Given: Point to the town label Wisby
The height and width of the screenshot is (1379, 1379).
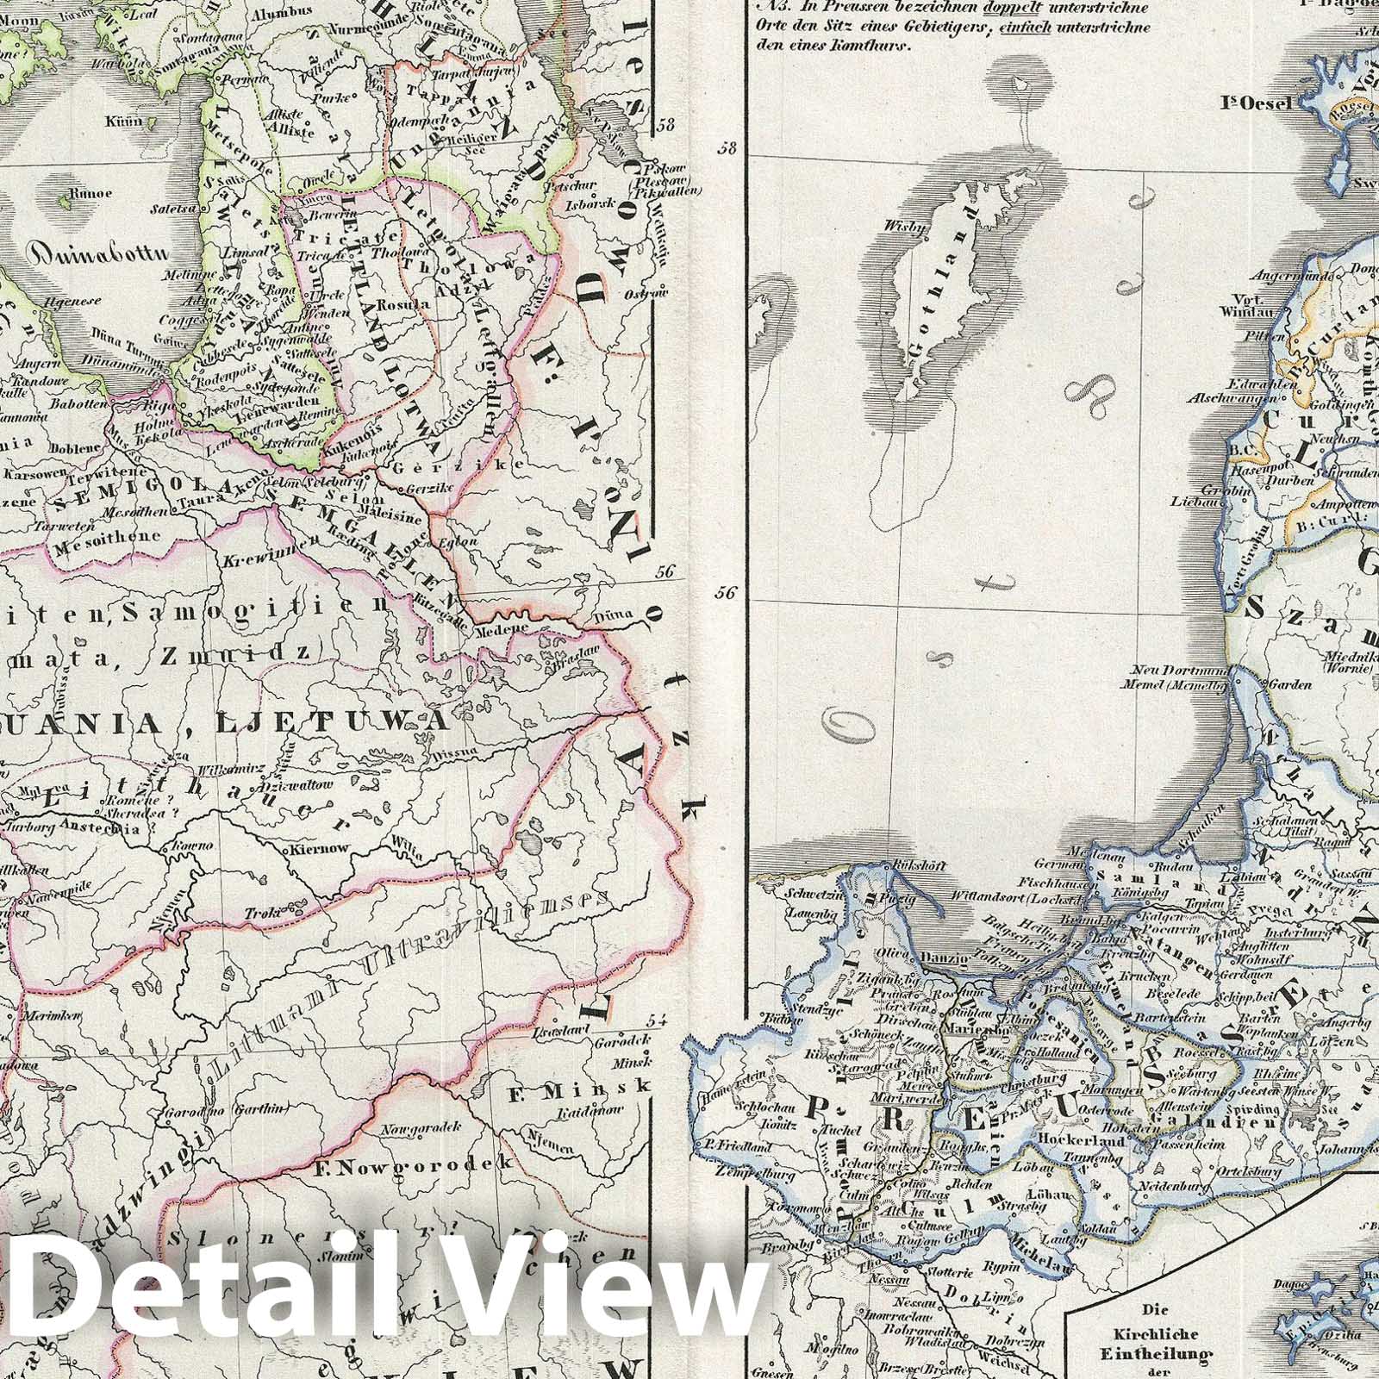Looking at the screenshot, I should click(x=900, y=227).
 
